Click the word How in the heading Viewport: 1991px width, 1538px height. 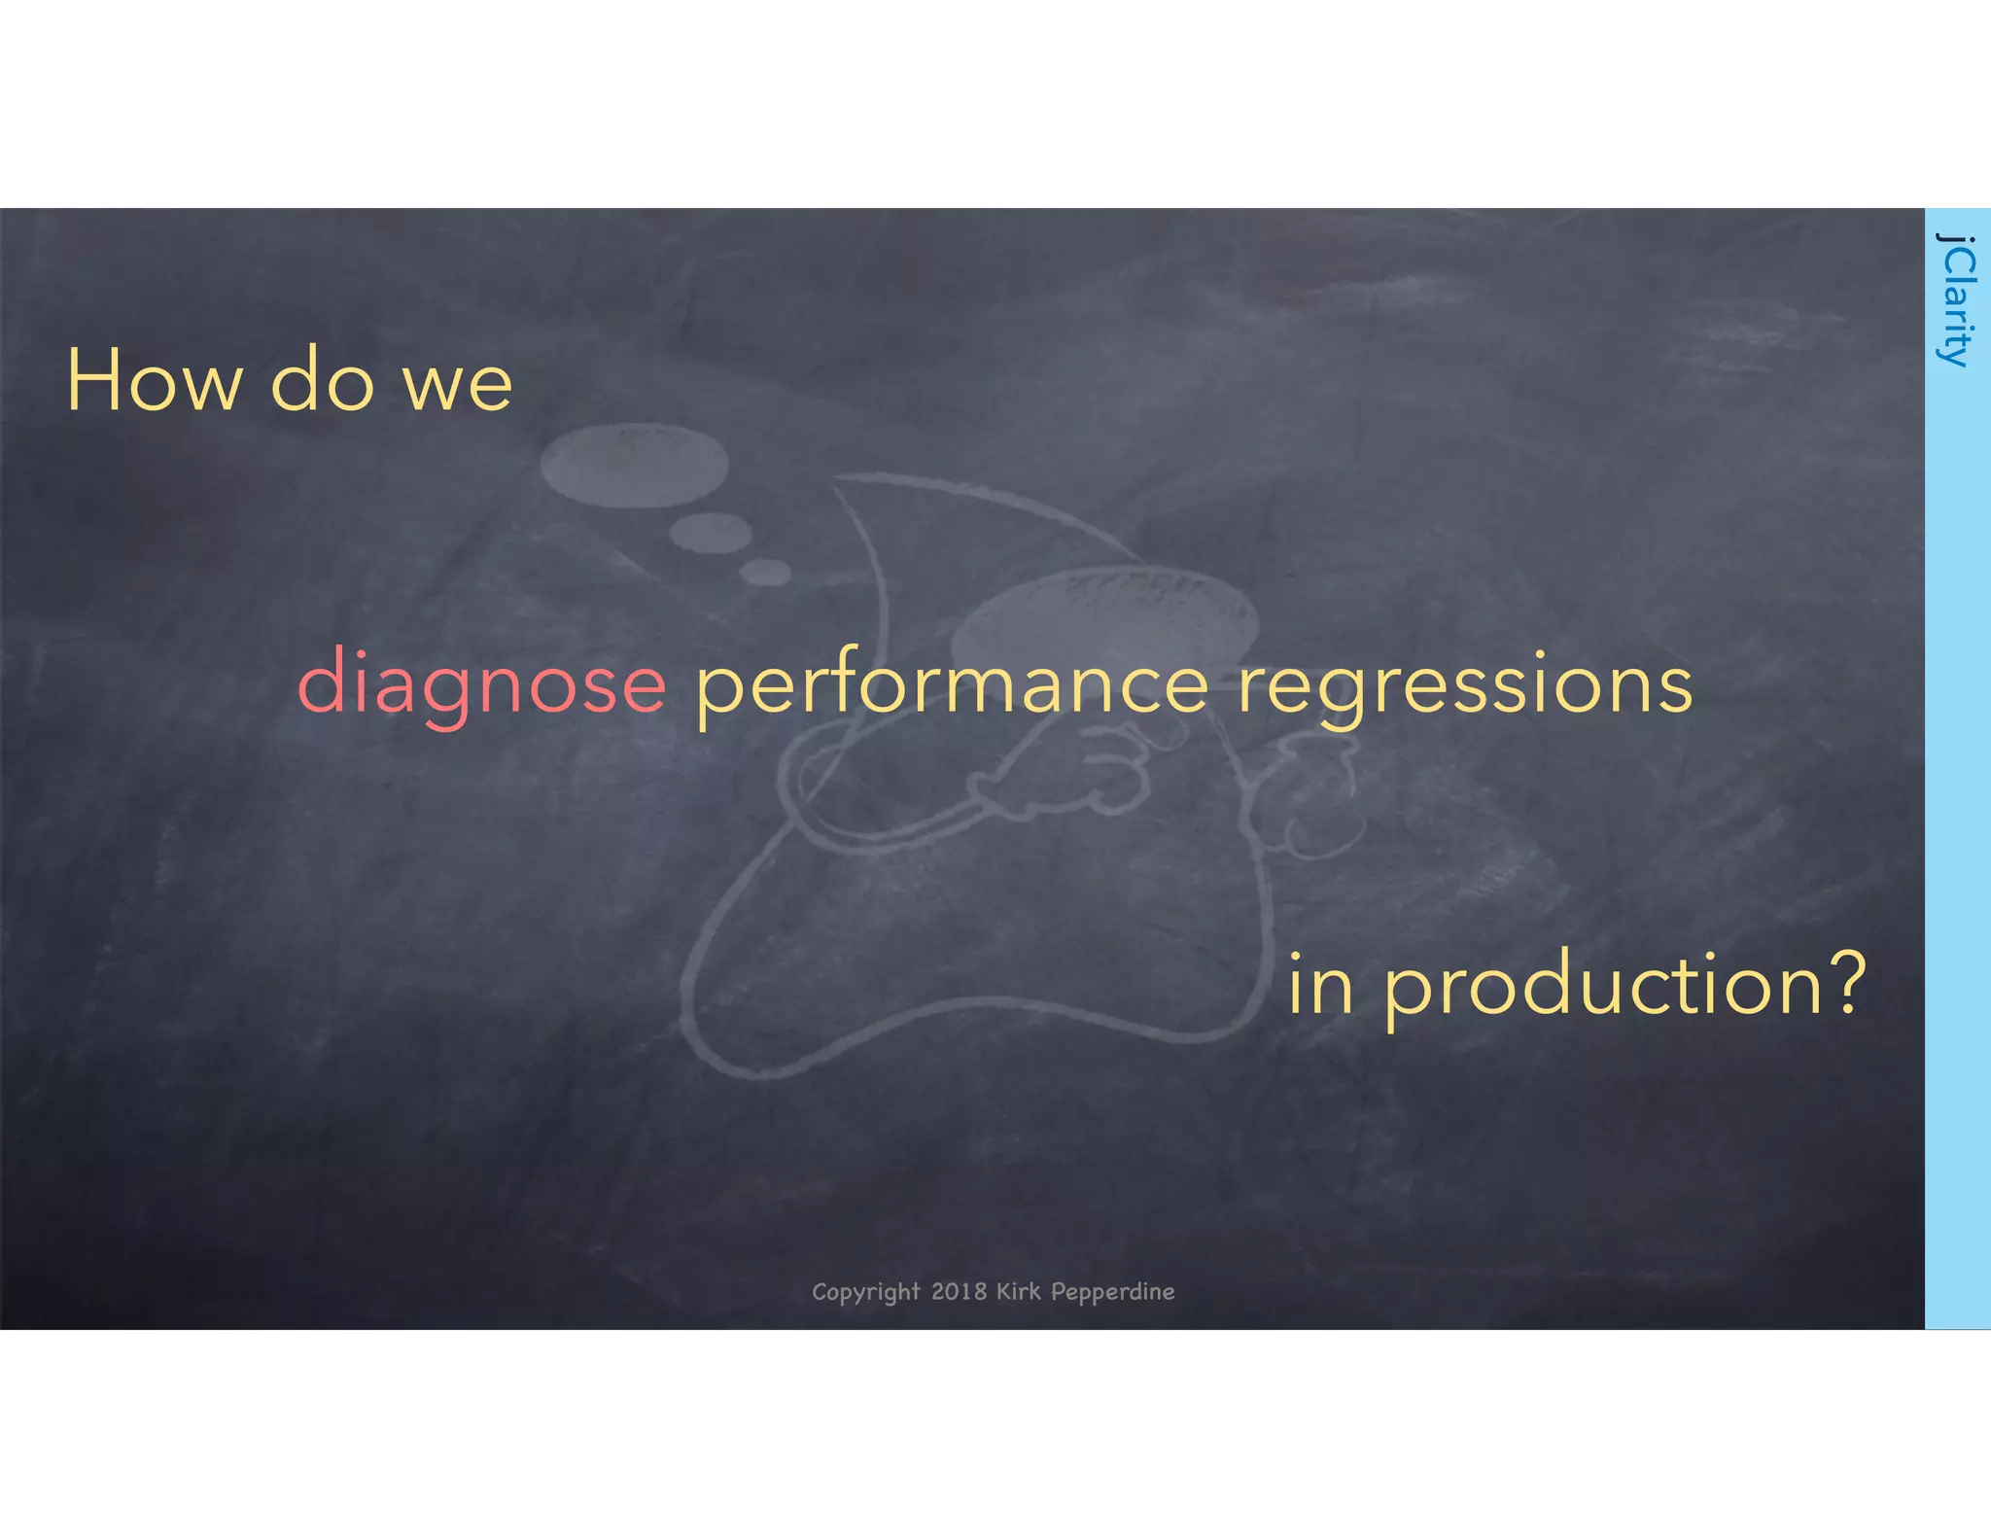tap(154, 381)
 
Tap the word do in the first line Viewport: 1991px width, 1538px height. tap(322, 381)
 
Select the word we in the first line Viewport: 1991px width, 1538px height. tap(457, 385)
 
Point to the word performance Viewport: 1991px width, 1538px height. tap(952, 686)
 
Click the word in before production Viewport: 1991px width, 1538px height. tap(1320, 984)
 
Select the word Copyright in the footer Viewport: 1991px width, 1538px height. tap(865, 1292)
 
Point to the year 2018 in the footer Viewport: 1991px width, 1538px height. tap(959, 1291)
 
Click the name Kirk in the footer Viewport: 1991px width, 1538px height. tap(1018, 1291)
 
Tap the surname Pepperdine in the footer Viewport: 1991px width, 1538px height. tap(1112, 1292)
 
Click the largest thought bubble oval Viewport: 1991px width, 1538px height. tap(634, 465)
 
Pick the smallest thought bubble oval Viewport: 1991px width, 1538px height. tap(766, 572)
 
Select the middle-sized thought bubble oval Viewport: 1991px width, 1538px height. tap(711, 532)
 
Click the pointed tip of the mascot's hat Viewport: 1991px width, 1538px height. tap(838, 477)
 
